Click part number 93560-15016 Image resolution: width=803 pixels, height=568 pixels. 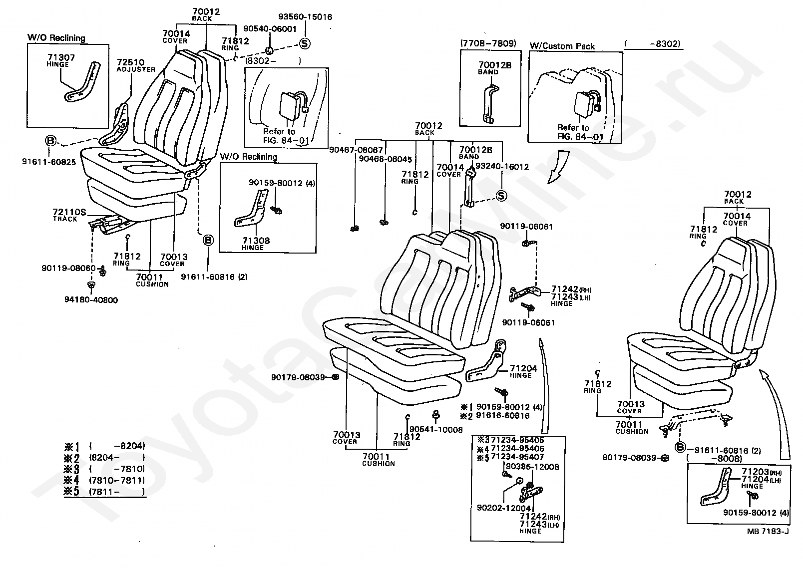point(305,17)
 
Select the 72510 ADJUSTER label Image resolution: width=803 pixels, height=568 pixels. point(136,65)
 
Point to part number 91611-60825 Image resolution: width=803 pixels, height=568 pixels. point(49,162)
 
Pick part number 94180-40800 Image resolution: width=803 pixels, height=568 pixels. point(91,300)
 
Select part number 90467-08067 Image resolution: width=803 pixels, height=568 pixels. point(356,150)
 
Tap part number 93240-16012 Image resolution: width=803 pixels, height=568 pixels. point(502,167)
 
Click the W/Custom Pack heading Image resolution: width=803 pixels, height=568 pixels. point(562,46)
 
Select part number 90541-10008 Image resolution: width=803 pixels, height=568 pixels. point(436,430)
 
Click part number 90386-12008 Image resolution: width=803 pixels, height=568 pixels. point(532,467)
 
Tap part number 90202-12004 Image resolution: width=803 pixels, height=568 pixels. point(504,508)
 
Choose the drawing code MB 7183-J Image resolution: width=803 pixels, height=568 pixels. point(768,531)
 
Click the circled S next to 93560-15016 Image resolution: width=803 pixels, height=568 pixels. point(305,44)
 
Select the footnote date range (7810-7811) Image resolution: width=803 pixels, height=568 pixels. point(117,480)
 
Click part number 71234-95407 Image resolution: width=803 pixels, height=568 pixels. point(517,457)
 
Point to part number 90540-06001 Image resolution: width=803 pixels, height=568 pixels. point(270,29)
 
